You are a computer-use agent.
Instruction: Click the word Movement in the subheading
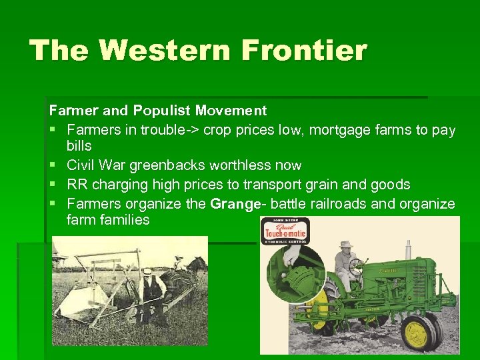pyautogui.click(x=233, y=111)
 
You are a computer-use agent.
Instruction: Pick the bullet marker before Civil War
pyautogui.click(x=53, y=165)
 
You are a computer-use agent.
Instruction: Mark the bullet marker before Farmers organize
pyautogui.click(x=53, y=203)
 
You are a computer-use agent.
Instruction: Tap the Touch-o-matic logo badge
pyautogui.click(x=285, y=231)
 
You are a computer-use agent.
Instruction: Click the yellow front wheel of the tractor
pyautogui.click(x=419, y=332)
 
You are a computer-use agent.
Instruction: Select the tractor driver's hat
pyautogui.click(x=344, y=244)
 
